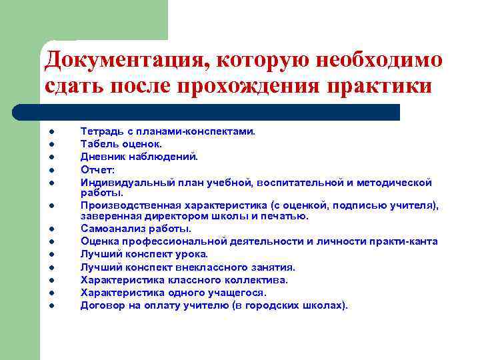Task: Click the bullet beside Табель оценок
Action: pos(51,144)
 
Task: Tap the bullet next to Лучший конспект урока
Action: pos(51,254)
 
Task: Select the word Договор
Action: pos(101,305)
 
